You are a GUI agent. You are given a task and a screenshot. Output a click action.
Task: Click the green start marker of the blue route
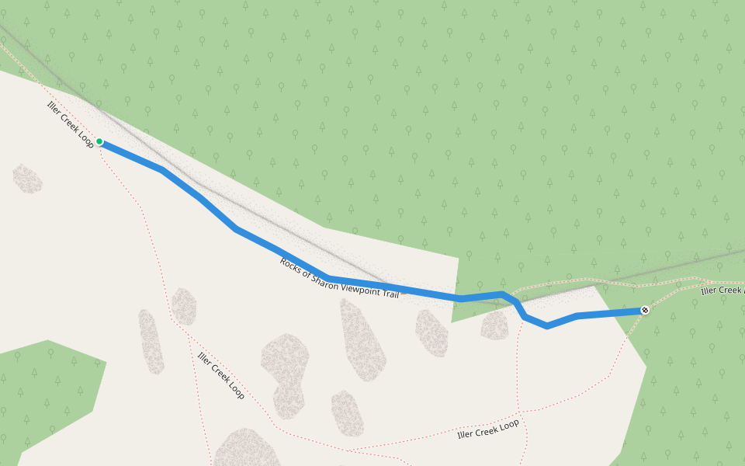point(99,141)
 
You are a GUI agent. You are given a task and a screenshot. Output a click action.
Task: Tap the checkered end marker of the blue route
point(645,311)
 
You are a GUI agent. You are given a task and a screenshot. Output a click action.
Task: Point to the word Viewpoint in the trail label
point(355,282)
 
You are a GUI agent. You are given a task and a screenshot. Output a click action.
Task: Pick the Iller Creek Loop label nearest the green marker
point(71,123)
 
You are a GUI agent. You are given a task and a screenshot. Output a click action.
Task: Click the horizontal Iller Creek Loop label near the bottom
point(487,429)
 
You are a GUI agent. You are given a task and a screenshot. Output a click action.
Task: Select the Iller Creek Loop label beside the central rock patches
point(221,376)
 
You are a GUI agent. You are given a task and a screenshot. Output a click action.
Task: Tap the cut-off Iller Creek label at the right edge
point(722,290)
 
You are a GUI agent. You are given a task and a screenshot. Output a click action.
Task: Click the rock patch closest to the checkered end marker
point(494,325)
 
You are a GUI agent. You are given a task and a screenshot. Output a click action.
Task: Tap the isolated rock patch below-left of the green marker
point(28,179)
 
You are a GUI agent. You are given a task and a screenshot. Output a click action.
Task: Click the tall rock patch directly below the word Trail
point(362,340)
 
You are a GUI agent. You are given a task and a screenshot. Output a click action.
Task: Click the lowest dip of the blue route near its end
point(548,327)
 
